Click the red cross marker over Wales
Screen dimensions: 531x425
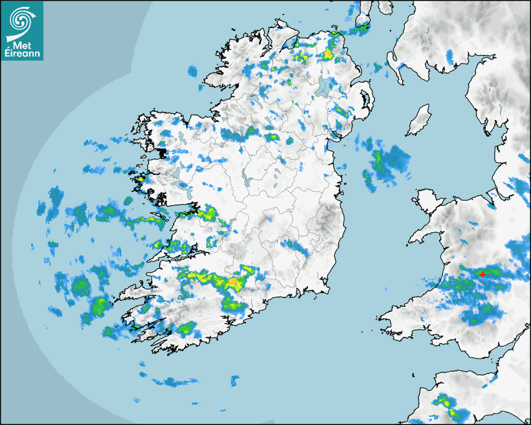482,274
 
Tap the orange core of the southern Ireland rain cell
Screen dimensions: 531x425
233,282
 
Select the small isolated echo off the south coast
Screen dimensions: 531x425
234,379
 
